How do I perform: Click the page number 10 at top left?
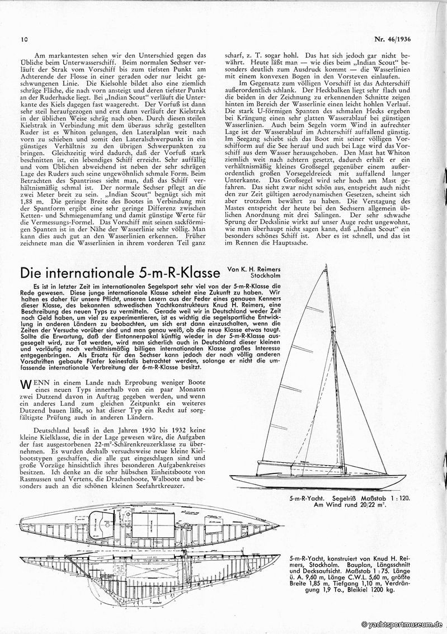(x=24, y=40)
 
